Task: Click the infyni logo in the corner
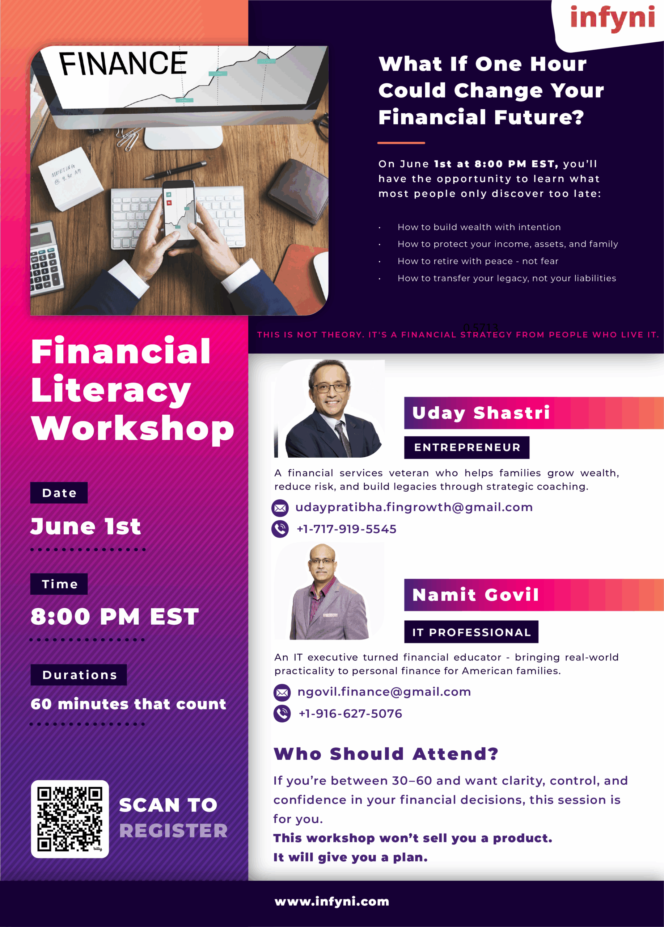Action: click(612, 19)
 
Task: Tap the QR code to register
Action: click(70, 819)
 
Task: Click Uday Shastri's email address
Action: click(414, 507)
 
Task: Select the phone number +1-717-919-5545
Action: click(346, 529)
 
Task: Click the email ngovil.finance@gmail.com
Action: click(384, 692)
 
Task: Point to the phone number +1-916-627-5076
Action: click(350, 714)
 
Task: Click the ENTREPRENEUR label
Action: click(467, 448)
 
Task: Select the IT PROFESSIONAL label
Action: click(471, 632)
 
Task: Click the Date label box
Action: click(59, 493)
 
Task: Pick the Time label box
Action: click(59, 584)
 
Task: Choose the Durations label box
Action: click(79, 675)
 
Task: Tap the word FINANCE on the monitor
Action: click(123, 63)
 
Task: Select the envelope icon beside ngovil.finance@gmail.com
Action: click(282, 692)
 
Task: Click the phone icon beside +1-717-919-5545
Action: click(280, 529)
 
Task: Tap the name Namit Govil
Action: click(475, 595)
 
